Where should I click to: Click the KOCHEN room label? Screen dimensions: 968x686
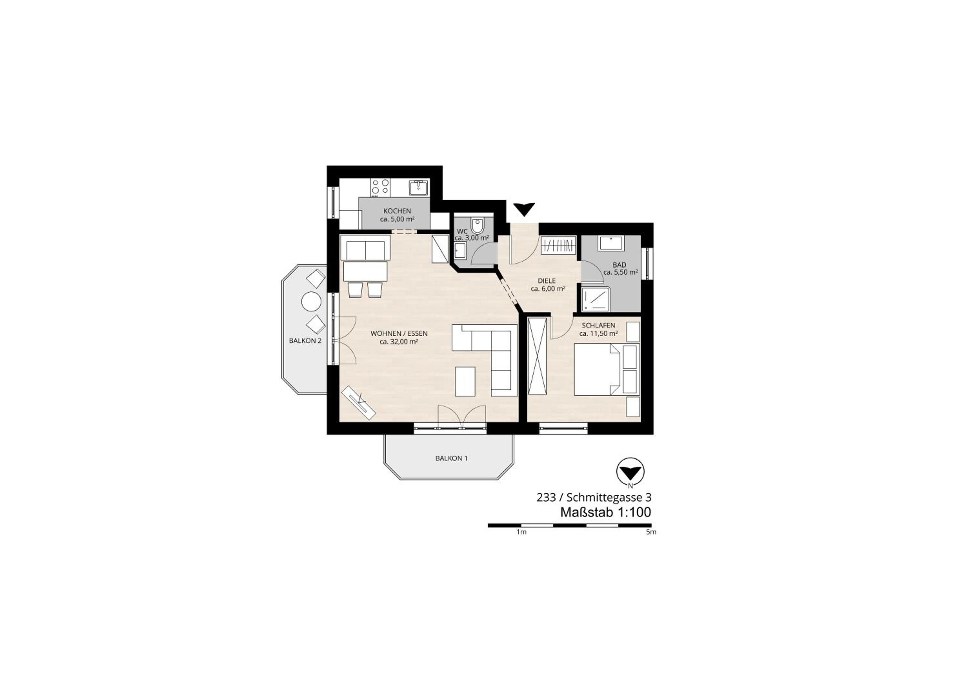tap(397, 211)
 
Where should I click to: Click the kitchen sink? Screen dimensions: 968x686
tap(419, 187)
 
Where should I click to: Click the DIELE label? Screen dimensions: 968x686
tap(547, 280)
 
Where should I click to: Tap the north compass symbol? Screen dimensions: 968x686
tap(630, 471)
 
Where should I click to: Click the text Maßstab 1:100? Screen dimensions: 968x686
tap(605, 512)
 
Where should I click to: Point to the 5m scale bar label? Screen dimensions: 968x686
tap(651, 532)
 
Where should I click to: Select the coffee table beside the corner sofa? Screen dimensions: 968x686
tap(465, 381)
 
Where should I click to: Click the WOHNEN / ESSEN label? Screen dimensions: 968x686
tap(399, 333)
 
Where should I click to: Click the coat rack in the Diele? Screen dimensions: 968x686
tap(559, 245)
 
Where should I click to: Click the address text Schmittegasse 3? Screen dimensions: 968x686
tap(609, 498)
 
